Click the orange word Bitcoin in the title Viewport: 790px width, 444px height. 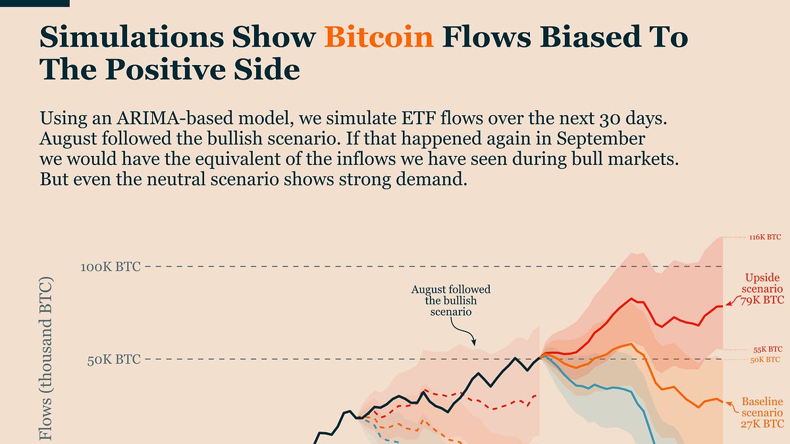click(379, 37)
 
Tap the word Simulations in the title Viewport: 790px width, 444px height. click(132, 37)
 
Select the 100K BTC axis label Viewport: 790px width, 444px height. click(111, 267)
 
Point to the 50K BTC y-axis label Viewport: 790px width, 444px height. click(114, 360)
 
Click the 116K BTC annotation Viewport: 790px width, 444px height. click(765, 237)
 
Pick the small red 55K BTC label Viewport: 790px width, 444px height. click(768, 349)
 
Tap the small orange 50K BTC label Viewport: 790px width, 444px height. click(765, 360)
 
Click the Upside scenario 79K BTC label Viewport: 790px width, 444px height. click(762, 289)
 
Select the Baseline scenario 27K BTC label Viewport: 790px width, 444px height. click(762, 412)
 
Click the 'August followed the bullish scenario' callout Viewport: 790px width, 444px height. click(451, 301)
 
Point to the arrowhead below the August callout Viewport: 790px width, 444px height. click(473, 343)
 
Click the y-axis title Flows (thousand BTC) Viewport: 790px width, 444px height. click(46, 358)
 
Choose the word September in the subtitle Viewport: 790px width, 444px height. click(601, 139)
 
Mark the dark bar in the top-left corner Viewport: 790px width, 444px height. click(34, 3)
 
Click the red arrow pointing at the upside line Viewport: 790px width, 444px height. click(732, 301)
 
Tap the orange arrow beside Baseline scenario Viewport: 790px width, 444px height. click(731, 407)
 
